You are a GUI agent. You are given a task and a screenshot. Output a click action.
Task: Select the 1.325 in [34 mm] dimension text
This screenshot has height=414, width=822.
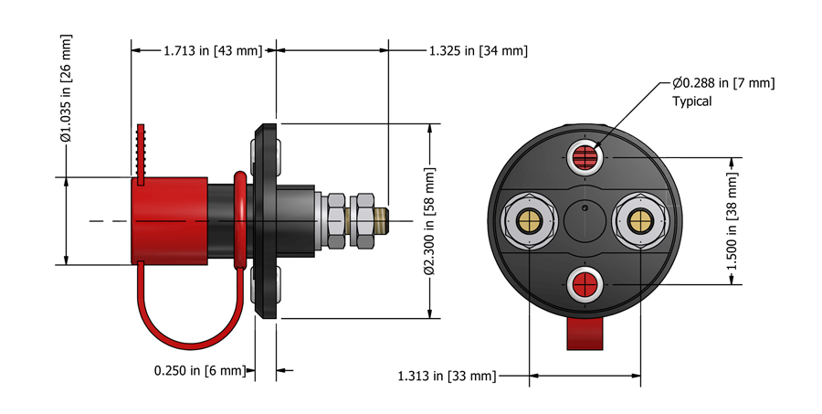(478, 50)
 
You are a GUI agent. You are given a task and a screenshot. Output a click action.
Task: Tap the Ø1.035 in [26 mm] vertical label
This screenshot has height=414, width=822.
(66, 90)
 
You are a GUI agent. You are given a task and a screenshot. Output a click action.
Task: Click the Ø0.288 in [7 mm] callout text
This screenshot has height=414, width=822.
(723, 83)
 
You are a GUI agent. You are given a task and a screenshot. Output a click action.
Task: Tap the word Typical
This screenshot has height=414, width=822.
(691, 101)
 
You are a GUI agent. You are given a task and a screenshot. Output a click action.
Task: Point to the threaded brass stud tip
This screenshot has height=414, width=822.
(383, 220)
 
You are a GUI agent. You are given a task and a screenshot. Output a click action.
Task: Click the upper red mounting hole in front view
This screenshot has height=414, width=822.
(584, 156)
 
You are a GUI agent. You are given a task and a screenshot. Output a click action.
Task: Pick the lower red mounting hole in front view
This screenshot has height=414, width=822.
(584, 285)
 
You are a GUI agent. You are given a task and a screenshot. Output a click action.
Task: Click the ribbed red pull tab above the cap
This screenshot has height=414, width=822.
(142, 152)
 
